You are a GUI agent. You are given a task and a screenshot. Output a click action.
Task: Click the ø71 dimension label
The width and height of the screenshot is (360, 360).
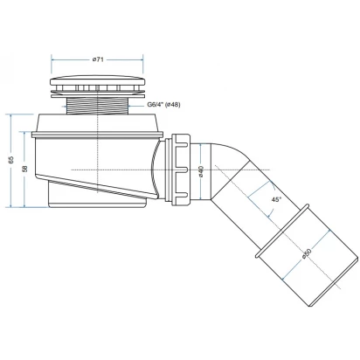[x=98, y=59]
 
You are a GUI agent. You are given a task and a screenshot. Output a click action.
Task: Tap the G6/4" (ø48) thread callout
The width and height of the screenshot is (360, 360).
[x=163, y=105]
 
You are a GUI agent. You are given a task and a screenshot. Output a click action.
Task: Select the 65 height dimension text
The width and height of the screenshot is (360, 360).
[x=11, y=160]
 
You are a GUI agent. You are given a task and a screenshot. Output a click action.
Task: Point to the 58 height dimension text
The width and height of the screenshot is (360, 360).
[x=25, y=169]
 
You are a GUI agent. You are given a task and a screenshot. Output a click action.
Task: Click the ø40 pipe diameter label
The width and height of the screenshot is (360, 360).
[x=201, y=171]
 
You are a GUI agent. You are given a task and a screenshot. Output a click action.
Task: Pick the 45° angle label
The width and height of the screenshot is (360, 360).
[x=276, y=199]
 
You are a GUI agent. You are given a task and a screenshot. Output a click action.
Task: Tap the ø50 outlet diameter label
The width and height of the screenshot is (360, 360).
[x=307, y=253]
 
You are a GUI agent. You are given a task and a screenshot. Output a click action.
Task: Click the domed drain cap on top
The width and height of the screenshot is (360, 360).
[x=98, y=80]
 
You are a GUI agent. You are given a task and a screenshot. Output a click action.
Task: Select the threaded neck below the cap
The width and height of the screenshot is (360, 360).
[x=98, y=106]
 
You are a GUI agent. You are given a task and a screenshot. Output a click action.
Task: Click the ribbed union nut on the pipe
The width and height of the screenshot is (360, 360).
[x=181, y=170]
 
